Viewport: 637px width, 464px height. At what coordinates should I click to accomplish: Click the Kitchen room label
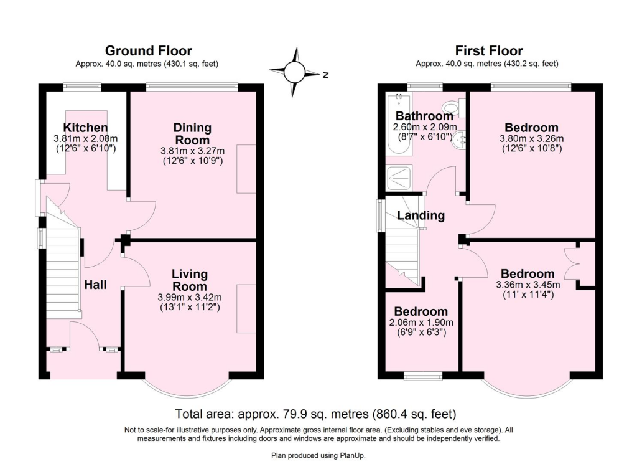click(85, 127)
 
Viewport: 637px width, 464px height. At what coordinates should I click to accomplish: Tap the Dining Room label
click(193, 134)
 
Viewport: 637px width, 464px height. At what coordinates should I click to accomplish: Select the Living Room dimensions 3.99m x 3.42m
click(190, 297)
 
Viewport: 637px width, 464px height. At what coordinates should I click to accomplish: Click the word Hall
click(95, 285)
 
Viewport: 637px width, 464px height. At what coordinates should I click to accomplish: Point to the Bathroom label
click(424, 116)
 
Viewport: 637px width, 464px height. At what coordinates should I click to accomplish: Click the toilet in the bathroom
click(453, 108)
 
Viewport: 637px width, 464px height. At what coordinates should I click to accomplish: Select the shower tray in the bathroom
click(399, 178)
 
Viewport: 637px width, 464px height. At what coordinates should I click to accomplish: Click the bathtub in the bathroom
click(399, 124)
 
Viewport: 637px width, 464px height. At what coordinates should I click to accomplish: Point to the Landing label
click(421, 215)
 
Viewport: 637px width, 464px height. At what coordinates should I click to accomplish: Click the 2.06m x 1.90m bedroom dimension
click(421, 323)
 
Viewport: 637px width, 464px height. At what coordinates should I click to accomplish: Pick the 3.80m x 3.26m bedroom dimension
click(531, 139)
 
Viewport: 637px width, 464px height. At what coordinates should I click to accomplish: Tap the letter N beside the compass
click(325, 75)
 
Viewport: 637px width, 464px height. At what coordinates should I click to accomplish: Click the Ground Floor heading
click(148, 51)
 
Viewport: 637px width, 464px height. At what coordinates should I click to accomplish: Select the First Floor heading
click(489, 51)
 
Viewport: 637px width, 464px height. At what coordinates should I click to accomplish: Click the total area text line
click(315, 414)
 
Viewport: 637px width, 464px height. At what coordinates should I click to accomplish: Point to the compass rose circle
click(294, 72)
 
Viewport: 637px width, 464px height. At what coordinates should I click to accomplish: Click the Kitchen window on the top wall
click(81, 86)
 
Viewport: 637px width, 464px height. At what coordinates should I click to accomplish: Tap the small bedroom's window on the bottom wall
click(423, 377)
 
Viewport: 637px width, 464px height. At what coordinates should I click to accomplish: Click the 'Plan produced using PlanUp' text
click(318, 455)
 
